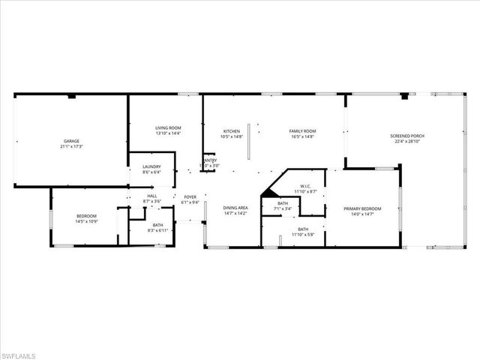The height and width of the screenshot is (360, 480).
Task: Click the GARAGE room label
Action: [x=71, y=141]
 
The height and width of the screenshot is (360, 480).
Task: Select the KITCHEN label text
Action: [x=231, y=131]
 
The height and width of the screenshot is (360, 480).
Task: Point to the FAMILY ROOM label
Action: [x=303, y=131]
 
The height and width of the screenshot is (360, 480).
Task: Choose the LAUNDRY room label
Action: [x=152, y=167]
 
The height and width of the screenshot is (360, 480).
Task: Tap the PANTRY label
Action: [x=210, y=160]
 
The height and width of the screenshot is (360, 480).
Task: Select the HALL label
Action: [x=151, y=196]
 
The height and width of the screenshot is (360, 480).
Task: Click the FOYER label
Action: [x=190, y=197]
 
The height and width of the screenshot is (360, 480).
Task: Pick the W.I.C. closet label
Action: [x=305, y=186]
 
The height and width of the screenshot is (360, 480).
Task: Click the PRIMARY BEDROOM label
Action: [x=362, y=208]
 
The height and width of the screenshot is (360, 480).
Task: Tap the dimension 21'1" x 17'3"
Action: [x=71, y=146]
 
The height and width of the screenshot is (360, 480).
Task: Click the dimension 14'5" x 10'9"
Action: [x=85, y=221]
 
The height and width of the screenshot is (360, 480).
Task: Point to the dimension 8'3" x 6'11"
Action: [x=157, y=230]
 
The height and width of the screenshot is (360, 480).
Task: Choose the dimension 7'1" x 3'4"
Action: [x=283, y=208]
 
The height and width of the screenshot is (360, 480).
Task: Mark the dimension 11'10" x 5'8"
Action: [x=303, y=234]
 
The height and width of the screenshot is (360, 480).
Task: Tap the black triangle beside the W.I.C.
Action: [x=268, y=192]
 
